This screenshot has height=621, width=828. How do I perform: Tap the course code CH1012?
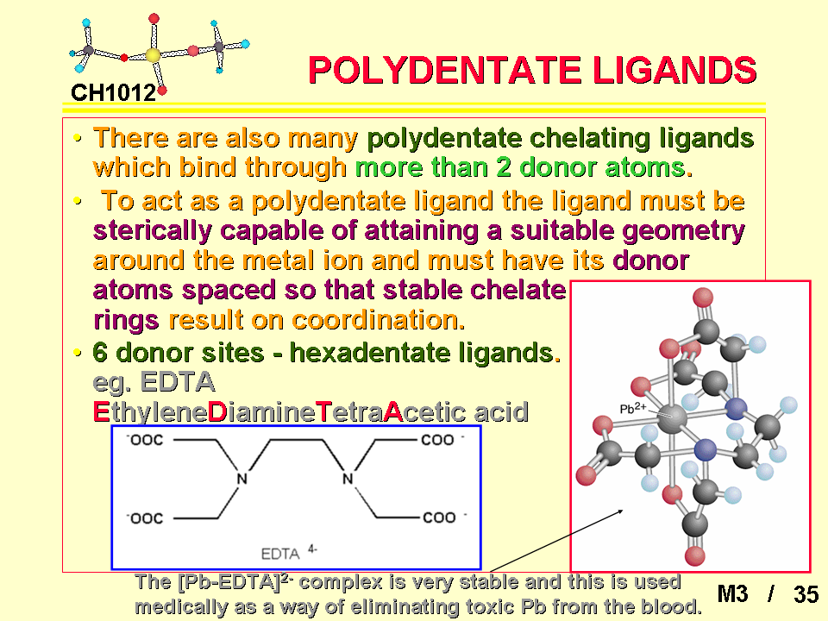tap(114, 93)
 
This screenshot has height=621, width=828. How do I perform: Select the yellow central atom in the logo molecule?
tap(153, 55)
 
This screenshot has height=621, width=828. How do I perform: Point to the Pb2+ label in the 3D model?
tap(632, 408)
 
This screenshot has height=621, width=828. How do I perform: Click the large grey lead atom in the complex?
tap(672, 418)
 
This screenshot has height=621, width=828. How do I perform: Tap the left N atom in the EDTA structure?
tap(241, 479)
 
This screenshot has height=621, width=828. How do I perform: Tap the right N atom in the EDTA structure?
tap(348, 479)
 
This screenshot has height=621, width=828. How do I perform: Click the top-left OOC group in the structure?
tap(145, 440)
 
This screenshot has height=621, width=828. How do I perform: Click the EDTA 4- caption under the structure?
tap(289, 553)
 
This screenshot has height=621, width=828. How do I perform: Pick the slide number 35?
tap(806, 594)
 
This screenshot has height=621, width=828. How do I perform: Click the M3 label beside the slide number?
tap(732, 594)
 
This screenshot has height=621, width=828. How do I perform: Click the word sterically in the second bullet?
tap(153, 231)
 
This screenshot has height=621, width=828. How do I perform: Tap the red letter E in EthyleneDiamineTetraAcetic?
tap(101, 412)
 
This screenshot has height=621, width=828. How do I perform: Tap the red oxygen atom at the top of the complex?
tap(703, 298)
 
